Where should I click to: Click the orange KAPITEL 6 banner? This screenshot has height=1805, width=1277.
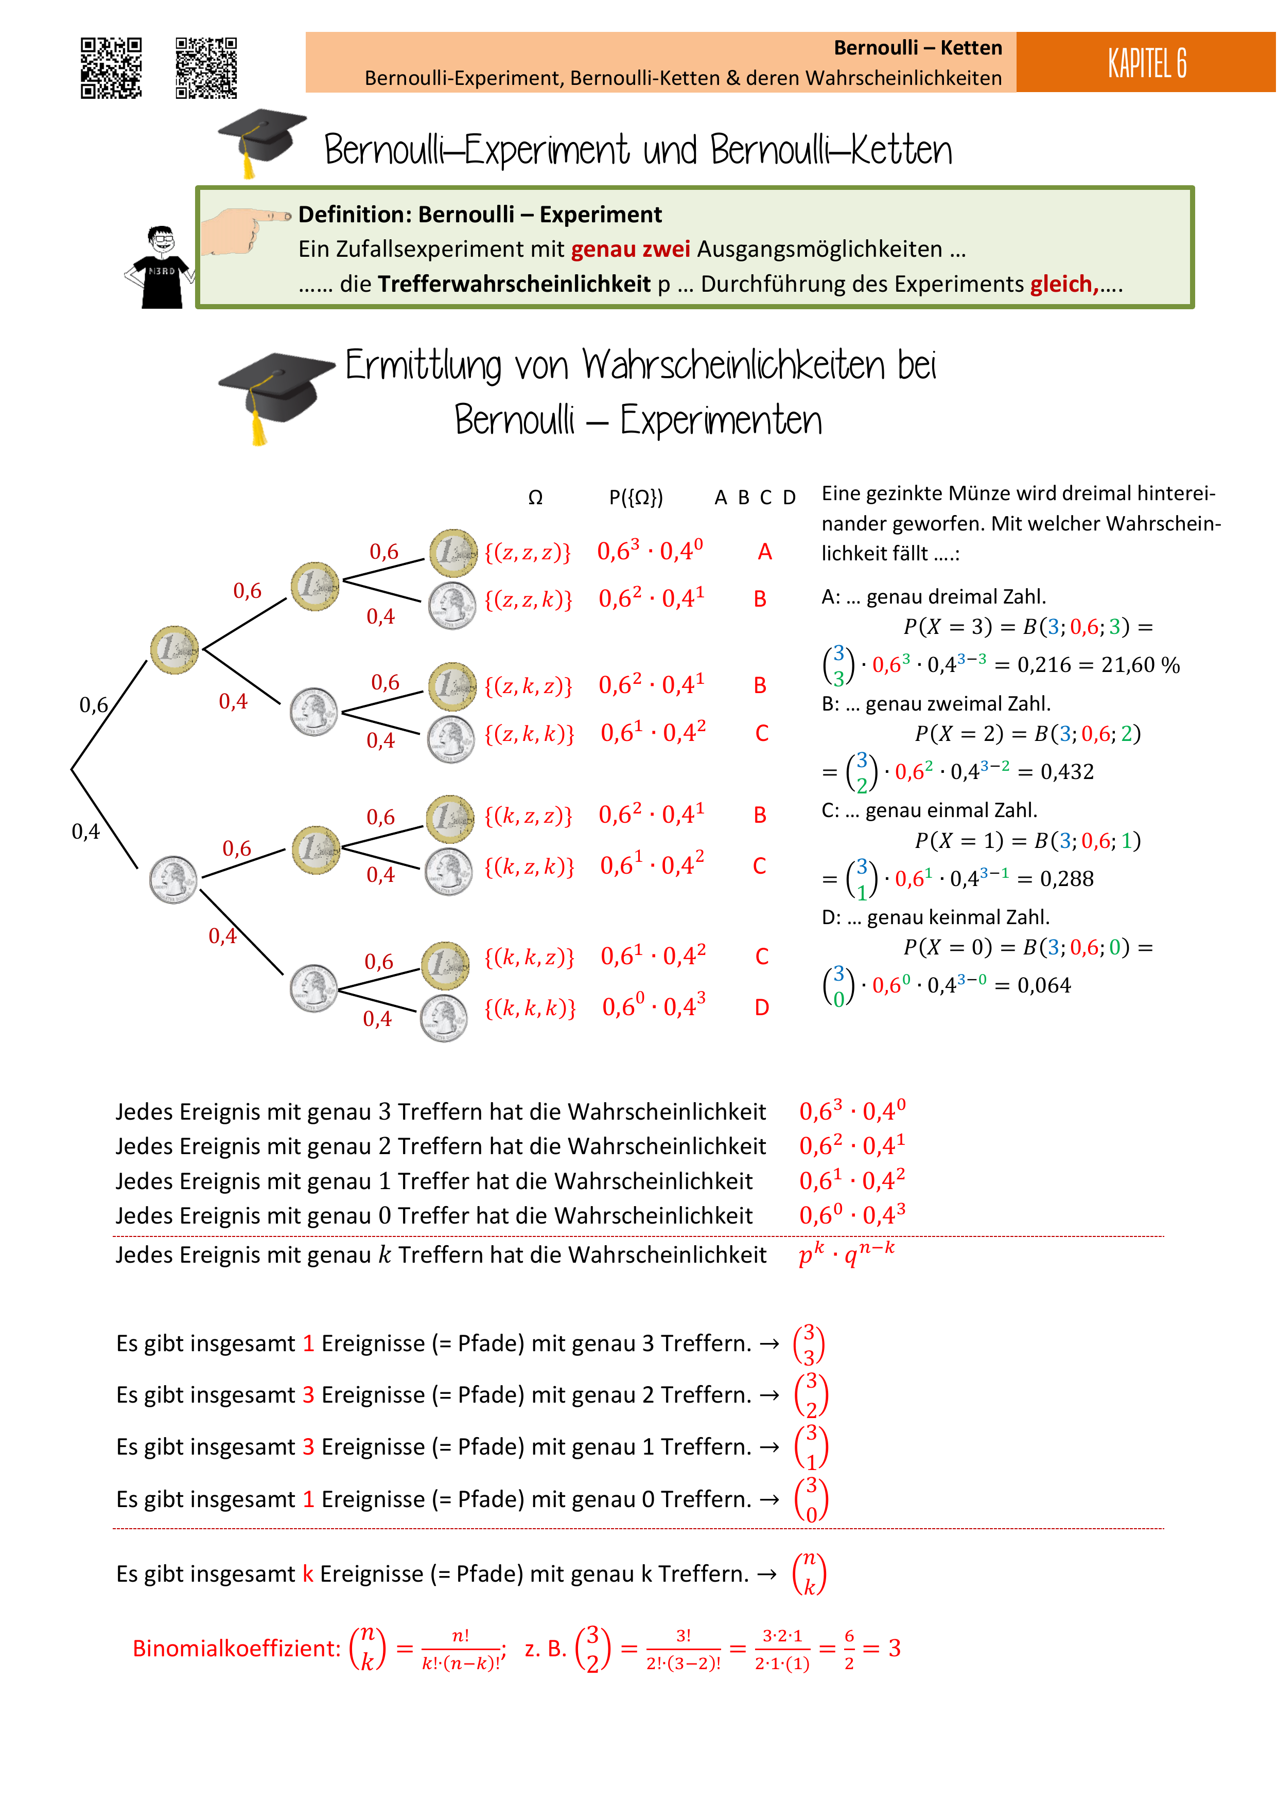[x=1146, y=62]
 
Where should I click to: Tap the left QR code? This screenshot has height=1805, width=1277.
[x=112, y=68]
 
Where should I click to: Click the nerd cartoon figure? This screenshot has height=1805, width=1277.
[x=160, y=267]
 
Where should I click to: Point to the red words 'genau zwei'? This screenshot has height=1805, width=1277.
[x=631, y=249]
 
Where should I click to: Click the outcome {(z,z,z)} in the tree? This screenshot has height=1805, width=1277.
[x=528, y=552]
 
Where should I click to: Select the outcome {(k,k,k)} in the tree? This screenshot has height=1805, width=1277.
[x=530, y=1008]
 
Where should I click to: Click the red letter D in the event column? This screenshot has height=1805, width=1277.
[x=762, y=1008]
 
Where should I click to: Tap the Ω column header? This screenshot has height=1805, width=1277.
[x=535, y=498]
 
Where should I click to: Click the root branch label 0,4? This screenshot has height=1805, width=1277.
[x=86, y=831]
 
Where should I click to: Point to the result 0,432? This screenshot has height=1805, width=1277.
[x=1067, y=772]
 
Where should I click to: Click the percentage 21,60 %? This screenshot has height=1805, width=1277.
[x=1140, y=665]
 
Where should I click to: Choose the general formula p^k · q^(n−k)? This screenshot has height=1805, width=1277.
[x=846, y=1252]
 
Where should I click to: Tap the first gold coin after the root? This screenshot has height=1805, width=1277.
[x=174, y=649]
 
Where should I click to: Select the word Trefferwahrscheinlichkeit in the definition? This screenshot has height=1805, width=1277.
[x=514, y=284]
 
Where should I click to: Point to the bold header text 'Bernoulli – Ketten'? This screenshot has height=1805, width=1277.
[x=918, y=48]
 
